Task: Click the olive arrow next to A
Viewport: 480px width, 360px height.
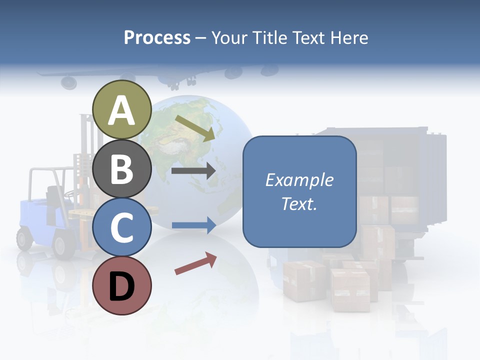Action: pyautogui.click(x=195, y=127)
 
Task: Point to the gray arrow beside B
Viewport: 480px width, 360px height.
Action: pyautogui.click(x=193, y=171)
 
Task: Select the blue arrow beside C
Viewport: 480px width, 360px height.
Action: pyautogui.click(x=193, y=225)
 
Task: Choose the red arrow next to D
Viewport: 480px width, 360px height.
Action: pyautogui.click(x=195, y=263)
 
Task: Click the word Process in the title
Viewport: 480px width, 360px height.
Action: pyautogui.click(x=157, y=37)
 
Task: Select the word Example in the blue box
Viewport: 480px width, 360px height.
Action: pyautogui.click(x=299, y=180)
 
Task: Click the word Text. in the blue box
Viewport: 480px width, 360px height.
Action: pyautogui.click(x=299, y=203)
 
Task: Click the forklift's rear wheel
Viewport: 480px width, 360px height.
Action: pyautogui.click(x=24, y=238)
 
